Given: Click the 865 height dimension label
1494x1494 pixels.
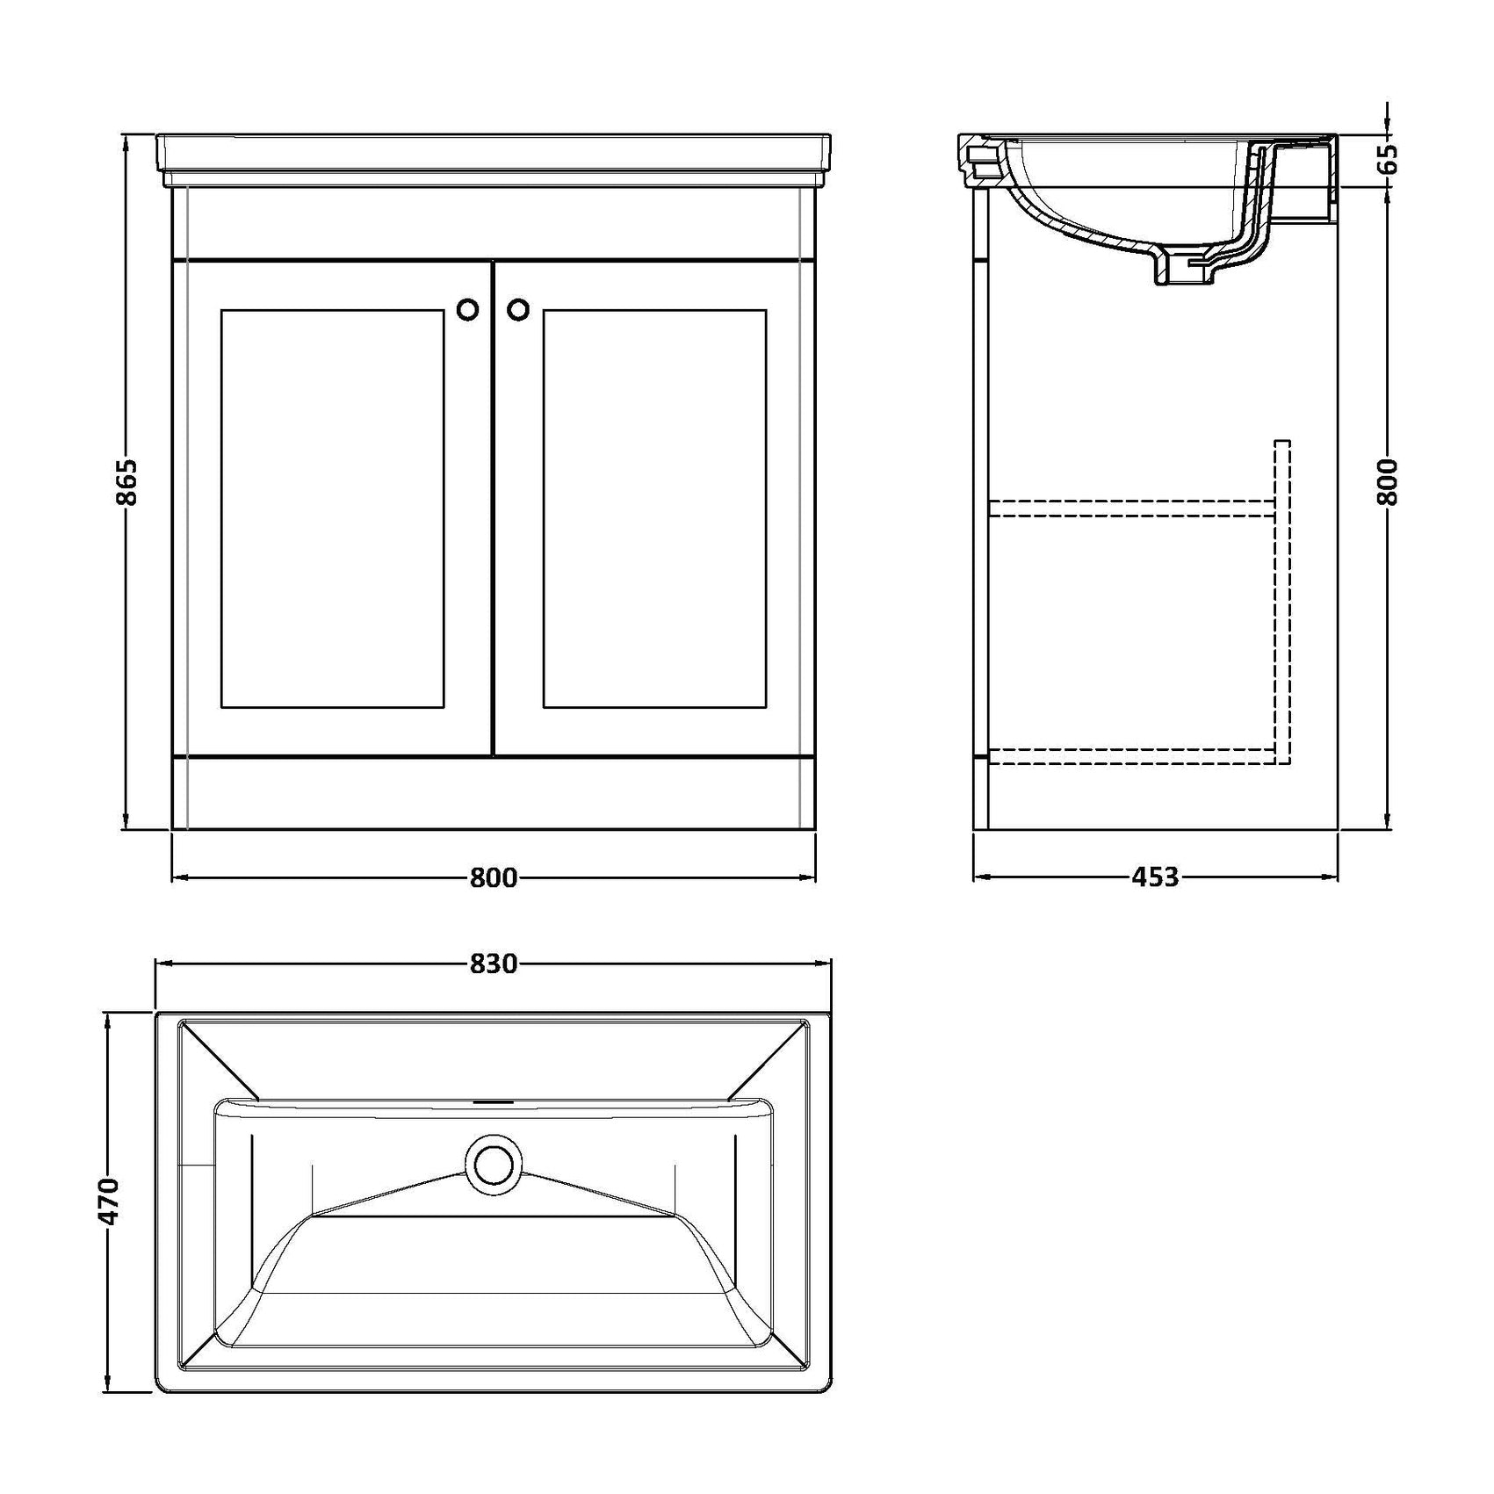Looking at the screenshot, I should tap(126, 482).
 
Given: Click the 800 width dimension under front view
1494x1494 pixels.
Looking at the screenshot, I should tap(494, 877).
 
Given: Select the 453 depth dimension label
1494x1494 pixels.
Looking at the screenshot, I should tap(1155, 877).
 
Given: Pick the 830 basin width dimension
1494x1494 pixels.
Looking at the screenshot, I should tap(494, 964).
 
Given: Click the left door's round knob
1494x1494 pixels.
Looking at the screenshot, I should tap(468, 309).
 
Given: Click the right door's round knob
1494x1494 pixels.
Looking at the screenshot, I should tap(519, 309).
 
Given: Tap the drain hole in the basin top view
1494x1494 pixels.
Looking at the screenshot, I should tap(494, 1164).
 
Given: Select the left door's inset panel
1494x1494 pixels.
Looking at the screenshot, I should tap(333, 509).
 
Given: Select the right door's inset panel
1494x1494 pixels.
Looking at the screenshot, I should tap(654, 509).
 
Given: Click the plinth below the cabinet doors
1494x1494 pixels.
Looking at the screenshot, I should tap(494, 793).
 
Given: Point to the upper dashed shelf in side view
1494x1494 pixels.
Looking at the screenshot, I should tap(1131, 508).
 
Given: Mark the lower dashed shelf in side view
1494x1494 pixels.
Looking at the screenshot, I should tap(1131, 756).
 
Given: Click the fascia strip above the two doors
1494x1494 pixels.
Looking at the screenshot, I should tap(494, 225).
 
